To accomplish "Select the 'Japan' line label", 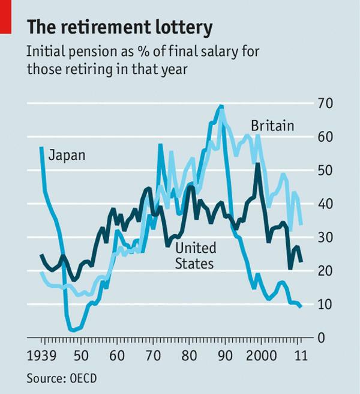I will pos(66,155).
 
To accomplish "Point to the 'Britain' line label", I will pos(272,126).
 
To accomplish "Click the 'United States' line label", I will pos(196,255).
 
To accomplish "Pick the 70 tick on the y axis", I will pos(325,103).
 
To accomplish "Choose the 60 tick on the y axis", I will pos(325,137).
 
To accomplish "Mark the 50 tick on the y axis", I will pos(325,171).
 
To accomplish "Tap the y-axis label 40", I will pos(325,204).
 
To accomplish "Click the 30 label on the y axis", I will pos(325,238).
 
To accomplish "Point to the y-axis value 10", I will pos(325,305).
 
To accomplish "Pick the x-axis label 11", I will pos(301,355).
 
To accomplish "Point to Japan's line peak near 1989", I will pos(222,106).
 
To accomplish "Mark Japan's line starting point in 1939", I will pos(41,147).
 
